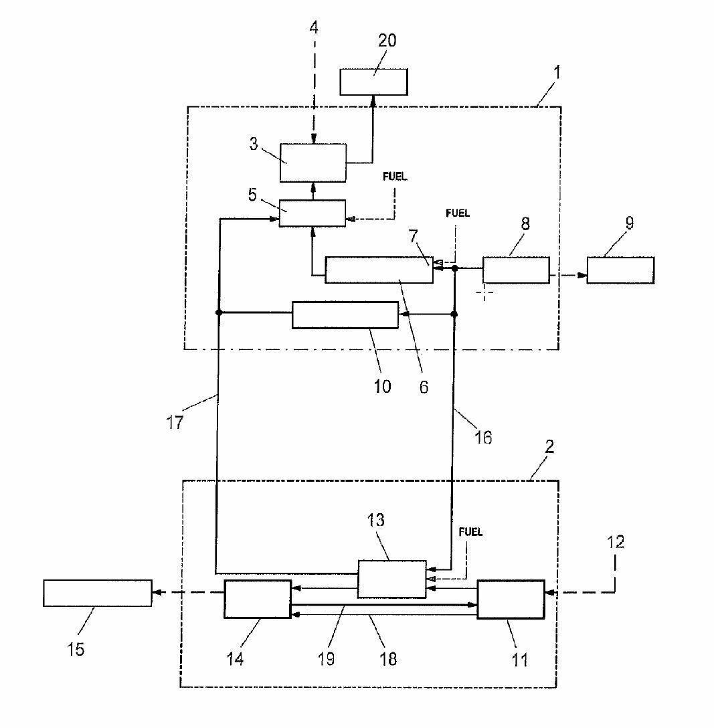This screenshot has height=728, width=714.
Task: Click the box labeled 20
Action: [373, 82]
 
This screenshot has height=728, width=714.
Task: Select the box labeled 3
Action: [313, 162]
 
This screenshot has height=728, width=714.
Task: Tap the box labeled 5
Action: [313, 213]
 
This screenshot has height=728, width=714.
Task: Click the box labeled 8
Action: [516, 270]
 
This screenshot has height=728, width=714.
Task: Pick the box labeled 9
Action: [620, 270]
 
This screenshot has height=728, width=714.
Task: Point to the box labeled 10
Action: [345, 315]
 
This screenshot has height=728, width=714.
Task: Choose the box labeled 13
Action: [391, 579]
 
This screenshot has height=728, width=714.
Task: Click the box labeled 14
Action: [258, 599]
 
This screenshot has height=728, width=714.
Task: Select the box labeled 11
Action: [511, 600]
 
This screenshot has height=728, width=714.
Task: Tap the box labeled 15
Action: [98, 593]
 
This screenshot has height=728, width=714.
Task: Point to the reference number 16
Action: [482, 438]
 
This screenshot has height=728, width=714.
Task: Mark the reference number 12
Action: [616, 542]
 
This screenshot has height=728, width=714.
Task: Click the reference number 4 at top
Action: [314, 28]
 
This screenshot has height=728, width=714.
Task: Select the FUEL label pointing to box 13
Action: [470, 533]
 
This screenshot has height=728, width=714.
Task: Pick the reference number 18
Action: [387, 658]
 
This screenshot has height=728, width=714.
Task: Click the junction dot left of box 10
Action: [219, 312]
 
